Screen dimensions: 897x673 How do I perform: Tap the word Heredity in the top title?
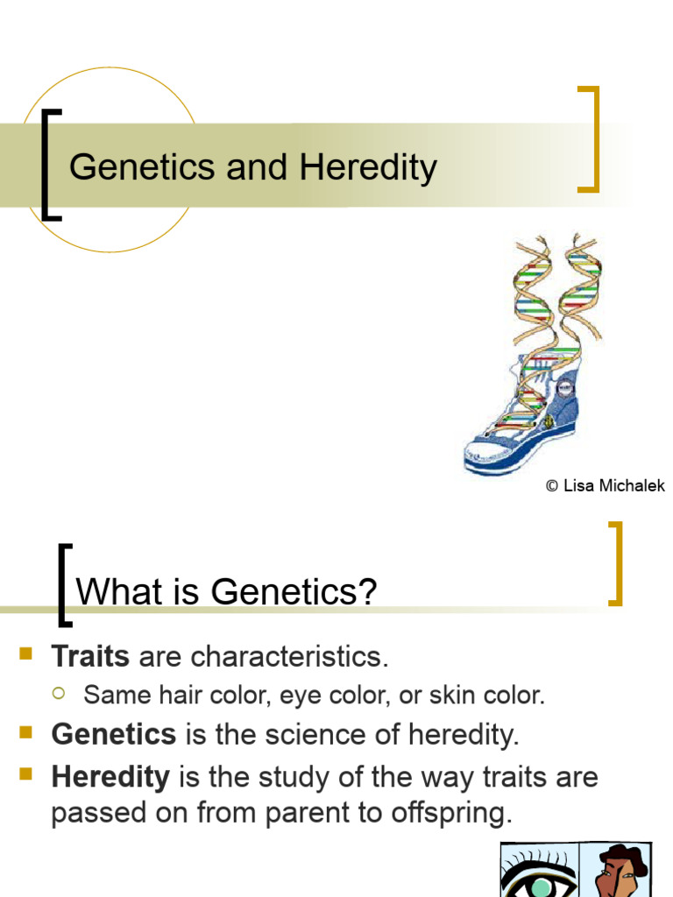[x=368, y=166]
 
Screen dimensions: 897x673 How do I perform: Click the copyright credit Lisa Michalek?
[x=605, y=485]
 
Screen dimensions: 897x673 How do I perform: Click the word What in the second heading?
[x=115, y=593]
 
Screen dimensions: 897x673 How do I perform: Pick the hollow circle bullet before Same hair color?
[x=59, y=694]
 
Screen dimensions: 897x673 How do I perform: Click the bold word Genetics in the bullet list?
[x=114, y=734]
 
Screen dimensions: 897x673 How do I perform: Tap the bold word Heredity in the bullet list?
[x=110, y=776]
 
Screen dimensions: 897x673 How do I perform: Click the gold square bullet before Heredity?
[x=25, y=773]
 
